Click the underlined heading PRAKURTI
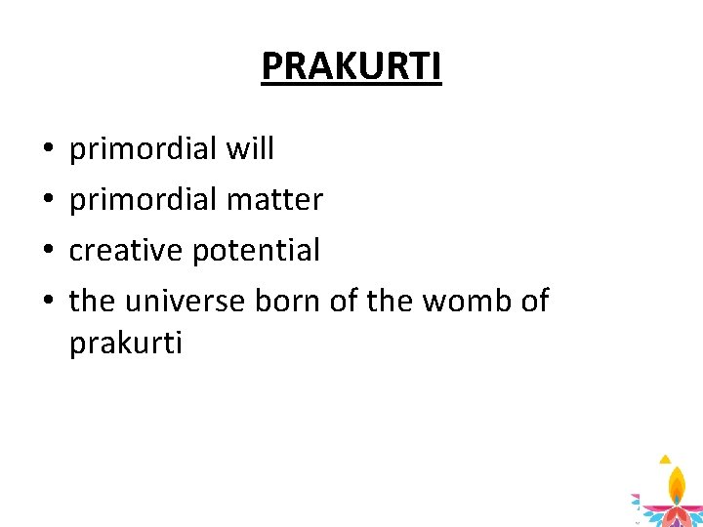pyautogui.click(x=351, y=66)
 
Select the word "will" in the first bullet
pyautogui.click(x=250, y=147)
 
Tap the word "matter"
pyautogui.click(x=274, y=199)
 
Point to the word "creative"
pyautogui.click(x=126, y=249)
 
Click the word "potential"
pyautogui.click(x=257, y=251)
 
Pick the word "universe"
pyautogui.click(x=185, y=301)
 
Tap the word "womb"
pyautogui.click(x=467, y=300)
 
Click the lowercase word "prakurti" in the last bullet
pyautogui.click(x=126, y=344)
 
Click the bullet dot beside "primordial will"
pyautogui.click(x=49, y=147)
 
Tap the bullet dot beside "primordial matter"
pyautogui.click(x=49, y=198)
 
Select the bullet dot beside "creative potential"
pyautogui.click(x=49, y=249)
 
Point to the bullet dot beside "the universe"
pyautogui.click(x=49, y=300)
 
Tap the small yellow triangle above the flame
pyautogui.click(x=665, y=460)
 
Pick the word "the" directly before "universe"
pyautogui.click(x=92, y=300)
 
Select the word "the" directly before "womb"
pyautogui.click(x=390, y=300)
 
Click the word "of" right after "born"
pyautogui.click(x=343, y=300)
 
